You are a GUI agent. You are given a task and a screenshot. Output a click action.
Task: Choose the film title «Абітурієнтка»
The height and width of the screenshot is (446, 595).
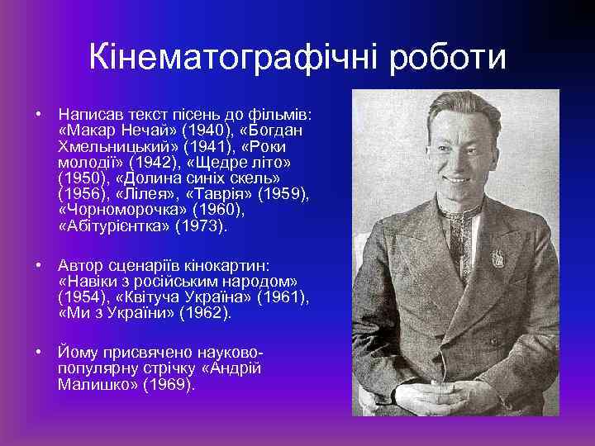(x=112, y=225)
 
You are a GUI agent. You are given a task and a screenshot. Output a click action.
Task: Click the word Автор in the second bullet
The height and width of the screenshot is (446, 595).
(x=81, y=266)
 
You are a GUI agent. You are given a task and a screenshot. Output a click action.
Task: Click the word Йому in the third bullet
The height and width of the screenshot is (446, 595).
(x=79, y=353)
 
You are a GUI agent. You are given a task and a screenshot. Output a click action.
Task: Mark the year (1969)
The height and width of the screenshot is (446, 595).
(x=169, y=385)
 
